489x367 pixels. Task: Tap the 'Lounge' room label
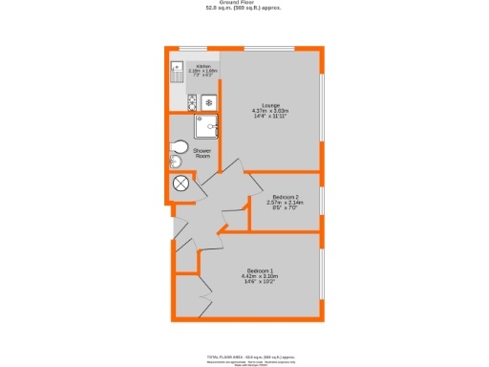pyautogui.click(x=270, y=105)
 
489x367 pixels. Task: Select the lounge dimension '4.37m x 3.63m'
pyautogui.click(x=270, y=111)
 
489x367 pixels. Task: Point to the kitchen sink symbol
pyautogui.click(x=176, y=68)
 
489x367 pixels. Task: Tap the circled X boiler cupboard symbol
pyautogui.click(x=181, y=183)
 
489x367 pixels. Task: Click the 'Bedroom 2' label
pyautogui.click(x=285, y=197)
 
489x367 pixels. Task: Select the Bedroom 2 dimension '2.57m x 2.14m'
pyautogui.click(x=285, y=203)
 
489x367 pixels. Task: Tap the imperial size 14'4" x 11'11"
pyautogui.click(x=270, y=117)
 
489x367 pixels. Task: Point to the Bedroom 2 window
pyautogui.click(x=321, y=201)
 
